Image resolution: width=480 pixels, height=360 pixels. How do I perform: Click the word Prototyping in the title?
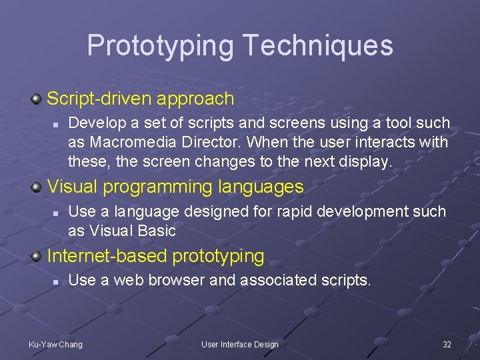point(160,46)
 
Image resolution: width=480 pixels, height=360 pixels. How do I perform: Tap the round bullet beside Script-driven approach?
point(38,99)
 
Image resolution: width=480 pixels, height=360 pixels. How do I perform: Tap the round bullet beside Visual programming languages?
point(38,187)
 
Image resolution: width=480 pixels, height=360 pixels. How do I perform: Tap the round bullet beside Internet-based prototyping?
point(38,256)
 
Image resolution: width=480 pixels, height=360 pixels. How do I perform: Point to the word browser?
point(174,281)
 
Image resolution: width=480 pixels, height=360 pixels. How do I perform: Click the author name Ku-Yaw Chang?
point(55,345)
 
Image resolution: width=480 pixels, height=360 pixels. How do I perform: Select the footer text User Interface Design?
point(240,345)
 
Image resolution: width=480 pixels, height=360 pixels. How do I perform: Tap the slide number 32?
point(447,345)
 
